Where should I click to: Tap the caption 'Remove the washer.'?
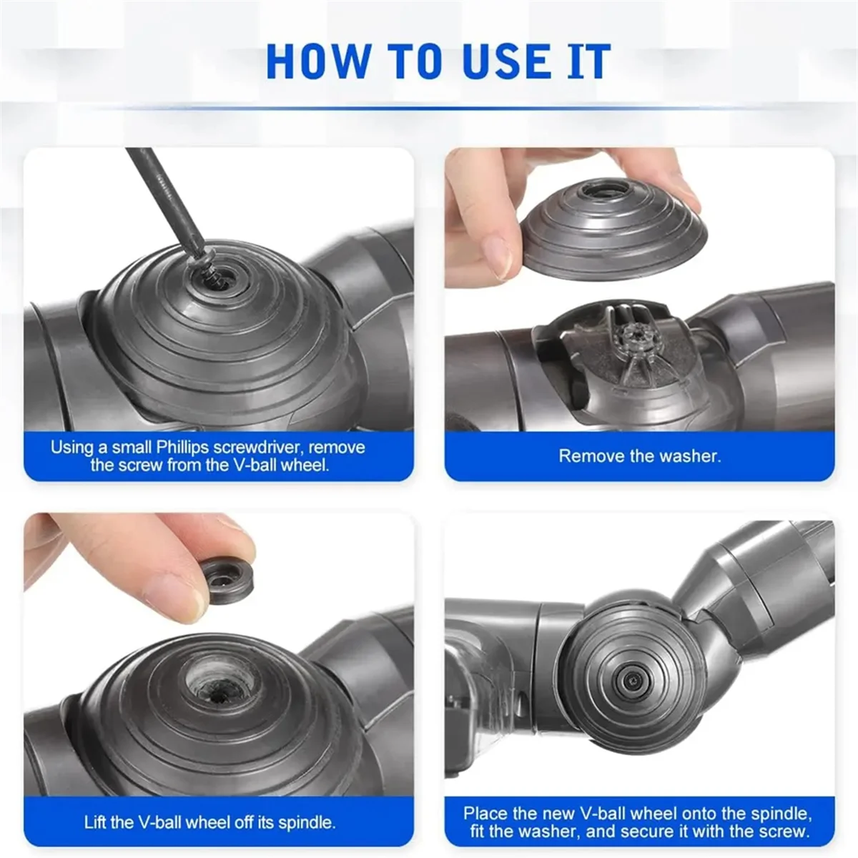[x=639, y=456]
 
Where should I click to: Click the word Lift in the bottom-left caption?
[x=96, y=822]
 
